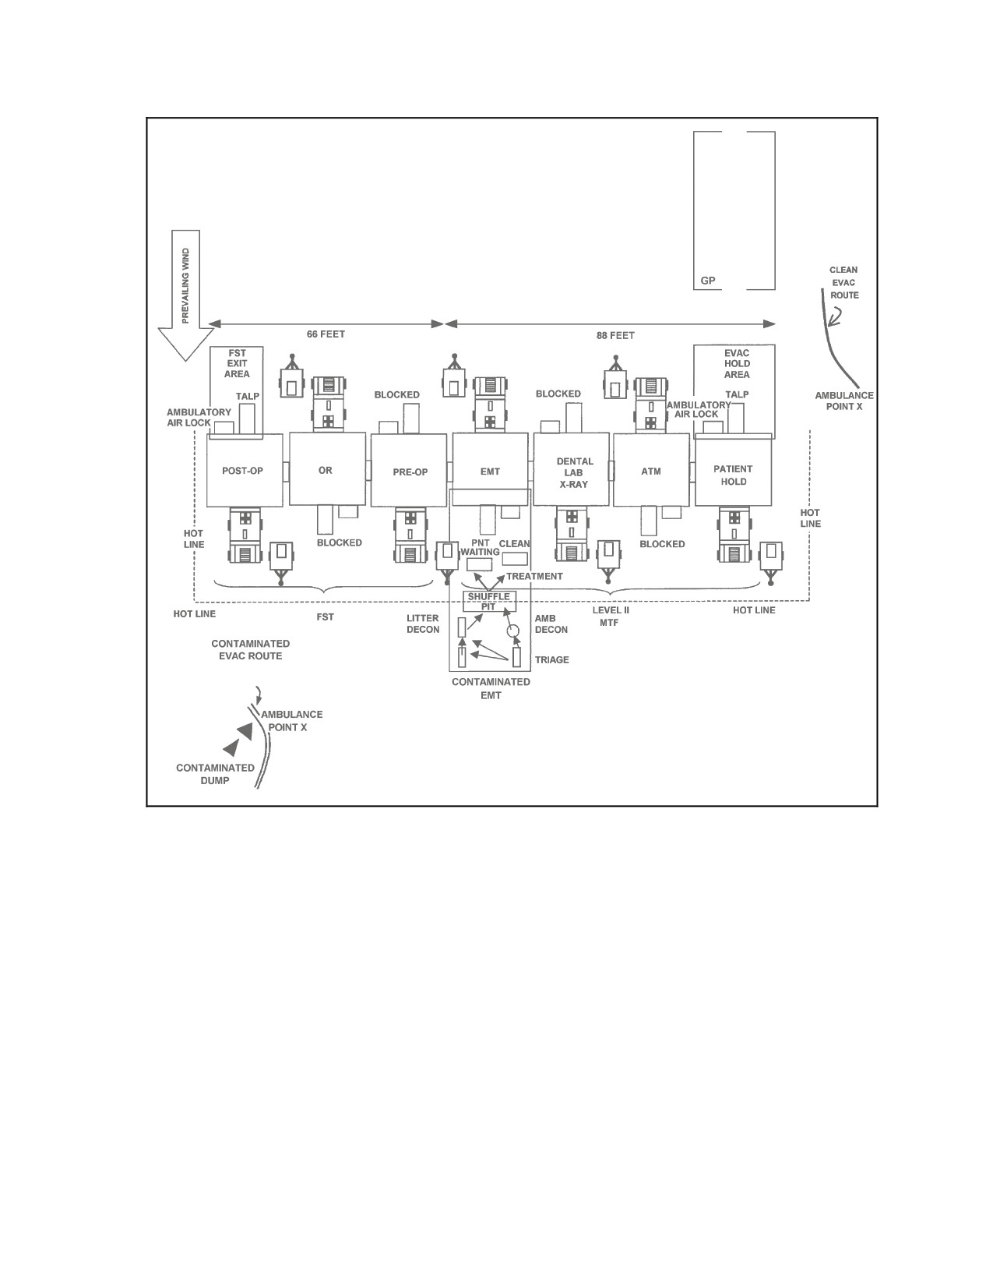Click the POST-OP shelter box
pos(245,470)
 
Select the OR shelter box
pos(327,468)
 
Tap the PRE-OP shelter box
pos(409,471)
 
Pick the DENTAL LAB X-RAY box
pos(572,469)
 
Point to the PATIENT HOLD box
pos(733,470)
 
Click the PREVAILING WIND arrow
pos(185,295)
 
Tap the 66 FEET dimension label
pos(326,334)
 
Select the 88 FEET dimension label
pos(615,336)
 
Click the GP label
pos(708,281)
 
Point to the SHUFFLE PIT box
pos(488,601)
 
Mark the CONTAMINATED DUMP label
pos(215,774)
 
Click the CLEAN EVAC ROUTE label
pos(844,282)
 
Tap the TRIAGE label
pos(552,660)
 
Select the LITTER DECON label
pos(423,624)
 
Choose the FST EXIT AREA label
pos(238,363)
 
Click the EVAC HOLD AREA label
pos(737,363)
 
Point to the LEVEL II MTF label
pos(611,616)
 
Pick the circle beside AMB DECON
pos(513,631)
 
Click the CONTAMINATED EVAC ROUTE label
pos(251,650)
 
